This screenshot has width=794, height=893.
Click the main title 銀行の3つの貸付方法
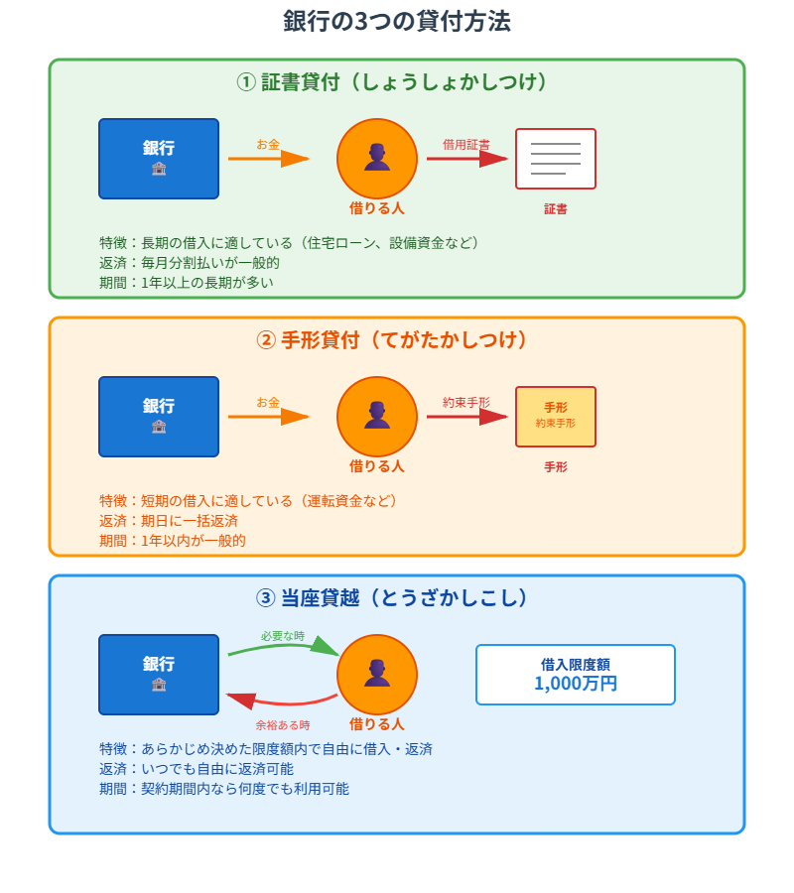pos(397,22)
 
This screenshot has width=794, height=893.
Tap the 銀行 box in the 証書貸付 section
pos(159,159)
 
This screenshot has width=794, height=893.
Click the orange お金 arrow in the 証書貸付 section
pos(268,159)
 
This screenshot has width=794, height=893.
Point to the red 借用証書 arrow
pos(466,159)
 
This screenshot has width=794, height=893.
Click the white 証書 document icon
pos(556,159)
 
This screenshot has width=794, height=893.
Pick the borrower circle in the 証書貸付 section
pos(377,159)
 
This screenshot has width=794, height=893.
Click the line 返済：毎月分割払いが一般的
pos(190,263)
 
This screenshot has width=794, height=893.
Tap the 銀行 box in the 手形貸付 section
pos(159,417)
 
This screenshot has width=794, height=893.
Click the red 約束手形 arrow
pos(466,417)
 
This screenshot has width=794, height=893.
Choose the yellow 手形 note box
pos(556,417)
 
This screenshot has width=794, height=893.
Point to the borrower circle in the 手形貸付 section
pos(377,417)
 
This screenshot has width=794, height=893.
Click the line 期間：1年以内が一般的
pos(173,541)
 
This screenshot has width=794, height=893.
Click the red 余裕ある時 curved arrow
pos(284,702)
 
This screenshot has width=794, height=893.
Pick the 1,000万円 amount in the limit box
pos(576,684)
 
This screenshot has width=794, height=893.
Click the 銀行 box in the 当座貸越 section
pos(159,675)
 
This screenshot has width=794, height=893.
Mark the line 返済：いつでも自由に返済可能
pos(197,769)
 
